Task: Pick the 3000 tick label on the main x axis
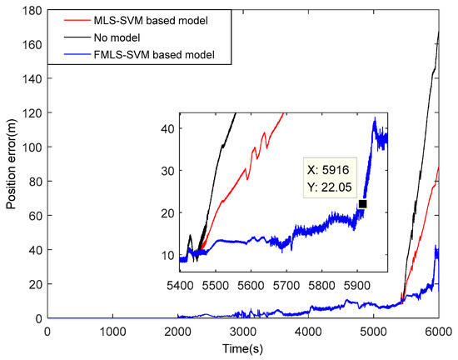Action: pyautogui.click(x=243, y=332)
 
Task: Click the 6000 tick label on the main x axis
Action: pyautogui.click(x=439, y=332)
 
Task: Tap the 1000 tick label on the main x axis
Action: pyautogui.click(x=112, y=332)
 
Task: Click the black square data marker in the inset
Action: pyautogui.click(x=362, y=204)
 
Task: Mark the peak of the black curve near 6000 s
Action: pyautogui.click(x=439, y=32)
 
